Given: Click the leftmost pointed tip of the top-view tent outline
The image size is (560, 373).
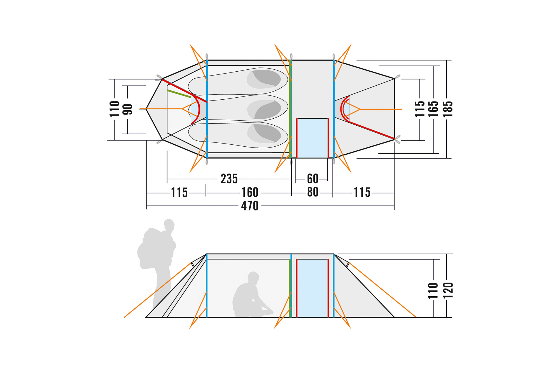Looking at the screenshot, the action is tap(146, 109).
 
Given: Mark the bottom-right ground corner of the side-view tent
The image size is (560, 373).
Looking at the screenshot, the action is tap(394, 317).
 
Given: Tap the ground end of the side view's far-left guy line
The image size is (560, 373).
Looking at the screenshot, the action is tap(124, 317).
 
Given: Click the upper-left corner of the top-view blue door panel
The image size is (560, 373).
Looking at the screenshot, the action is tap(297, 118).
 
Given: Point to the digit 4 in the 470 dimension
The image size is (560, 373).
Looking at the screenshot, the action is tap(244, 206).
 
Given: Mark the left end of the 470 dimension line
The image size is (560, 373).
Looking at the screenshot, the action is tap(147, 206).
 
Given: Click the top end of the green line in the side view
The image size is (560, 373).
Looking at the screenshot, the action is tap(290, 259).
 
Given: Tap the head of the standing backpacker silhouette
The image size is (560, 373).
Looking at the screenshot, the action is tap(169, 225).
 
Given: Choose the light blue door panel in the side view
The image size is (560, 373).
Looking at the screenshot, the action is tap(312, 288).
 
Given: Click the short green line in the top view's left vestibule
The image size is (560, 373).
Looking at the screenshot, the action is tap(179, 94).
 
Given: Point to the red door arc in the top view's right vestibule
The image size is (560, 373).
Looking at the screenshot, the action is tap(344, 109).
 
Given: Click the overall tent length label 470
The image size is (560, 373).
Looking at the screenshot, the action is tap(250, 206).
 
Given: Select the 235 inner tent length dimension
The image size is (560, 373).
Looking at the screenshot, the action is tap(229, 179).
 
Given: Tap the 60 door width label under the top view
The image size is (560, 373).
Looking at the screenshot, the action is tap(312, 179).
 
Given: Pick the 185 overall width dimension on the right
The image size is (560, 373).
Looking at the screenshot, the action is tap(447, 109).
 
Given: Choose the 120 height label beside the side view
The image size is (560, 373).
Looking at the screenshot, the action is tap(448, 291).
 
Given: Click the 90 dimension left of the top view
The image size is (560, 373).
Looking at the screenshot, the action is tap(128, 109).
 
